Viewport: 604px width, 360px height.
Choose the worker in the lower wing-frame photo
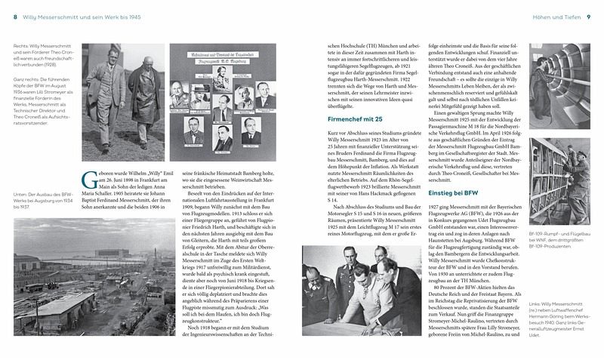(578, 185)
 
